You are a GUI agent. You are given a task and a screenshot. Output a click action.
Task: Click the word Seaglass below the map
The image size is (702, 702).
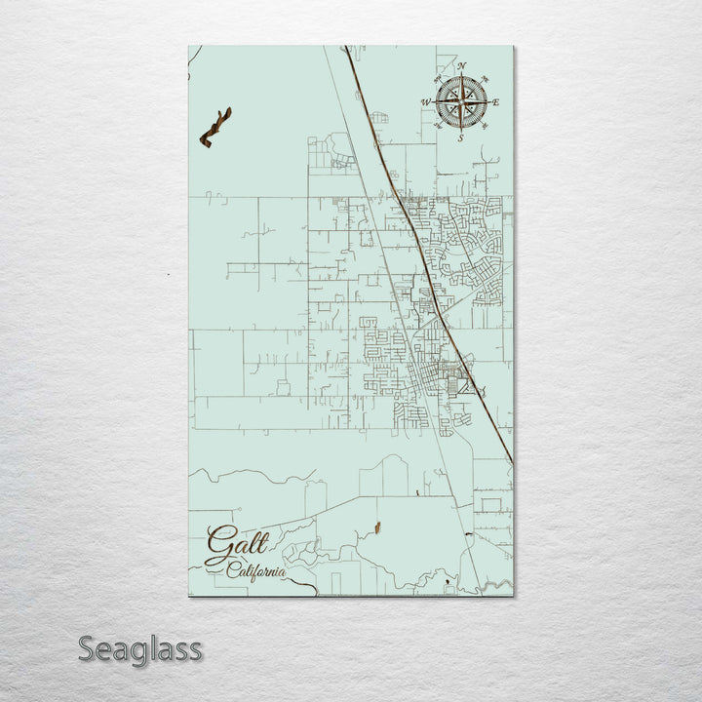[140, 648]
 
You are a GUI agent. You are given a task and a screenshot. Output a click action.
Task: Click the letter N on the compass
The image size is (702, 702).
[462, 66]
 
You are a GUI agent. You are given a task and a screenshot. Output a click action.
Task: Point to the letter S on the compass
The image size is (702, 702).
[461, 138]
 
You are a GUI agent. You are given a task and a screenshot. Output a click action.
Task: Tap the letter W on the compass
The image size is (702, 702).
[426, 101]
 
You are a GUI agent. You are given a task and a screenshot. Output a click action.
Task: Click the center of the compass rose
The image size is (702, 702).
[461, 101]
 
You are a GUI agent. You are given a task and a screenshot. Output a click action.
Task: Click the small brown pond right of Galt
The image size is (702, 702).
[373, 528]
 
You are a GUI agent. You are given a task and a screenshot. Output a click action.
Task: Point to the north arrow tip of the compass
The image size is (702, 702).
[462, 74]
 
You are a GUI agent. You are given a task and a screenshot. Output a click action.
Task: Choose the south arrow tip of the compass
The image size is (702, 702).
[461, 131]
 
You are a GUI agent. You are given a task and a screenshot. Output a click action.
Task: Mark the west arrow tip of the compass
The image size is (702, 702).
[434, 101]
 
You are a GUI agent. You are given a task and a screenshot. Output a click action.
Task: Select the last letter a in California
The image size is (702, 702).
[283, 572]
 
